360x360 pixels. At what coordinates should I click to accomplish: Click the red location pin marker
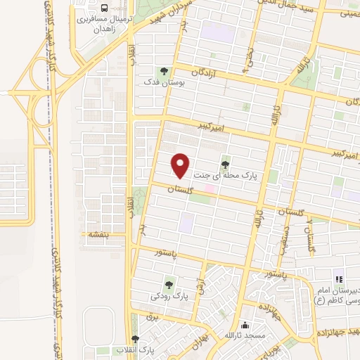click(x=181, y=165)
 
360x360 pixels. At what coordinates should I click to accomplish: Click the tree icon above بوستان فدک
click(x=164, y=70)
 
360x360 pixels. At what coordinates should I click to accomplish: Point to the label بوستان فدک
click(x=165, y=84)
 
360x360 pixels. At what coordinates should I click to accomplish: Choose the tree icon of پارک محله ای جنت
click(x=225, y=165)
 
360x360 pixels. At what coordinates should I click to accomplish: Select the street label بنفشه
click(x=97, y=233)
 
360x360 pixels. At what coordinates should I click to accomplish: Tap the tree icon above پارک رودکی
click(x=169, y=284)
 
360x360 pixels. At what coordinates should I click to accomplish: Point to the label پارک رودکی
click(x=169, y=297)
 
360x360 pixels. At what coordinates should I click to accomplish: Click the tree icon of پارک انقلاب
click(x=145, y=339)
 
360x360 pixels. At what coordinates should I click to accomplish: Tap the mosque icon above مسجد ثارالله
click(x=244, y=326)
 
